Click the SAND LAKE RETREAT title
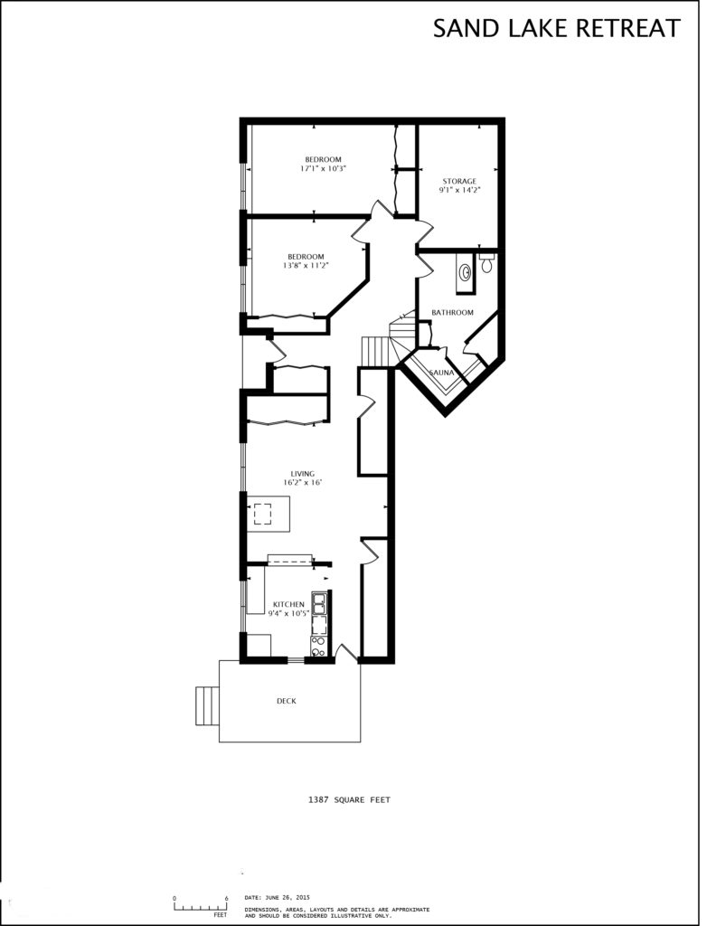pyautogui.click(x=556, y=28)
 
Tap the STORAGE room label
pyautogui.click(x=459, y=181)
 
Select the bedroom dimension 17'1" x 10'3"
pyautogui.click(x=323, y=168)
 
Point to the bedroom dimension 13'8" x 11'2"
pyautogui.click(x=305, y=266)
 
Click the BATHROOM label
pyautogui.click(x=452, y=313)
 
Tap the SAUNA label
pyautogui.click(x=441, y=372)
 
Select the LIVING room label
pyautogui.click(x=302, y=474)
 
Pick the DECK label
pyautogui.click(x=287, y=701)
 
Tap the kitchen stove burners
pyautogui.click(x=318, y=645)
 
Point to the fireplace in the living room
pyautogui.click(x=263, y=515)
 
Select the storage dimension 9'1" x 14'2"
pyautogui.click(x=459, y=190)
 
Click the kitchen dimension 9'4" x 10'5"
pyautogui.click(x=289, y=613)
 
